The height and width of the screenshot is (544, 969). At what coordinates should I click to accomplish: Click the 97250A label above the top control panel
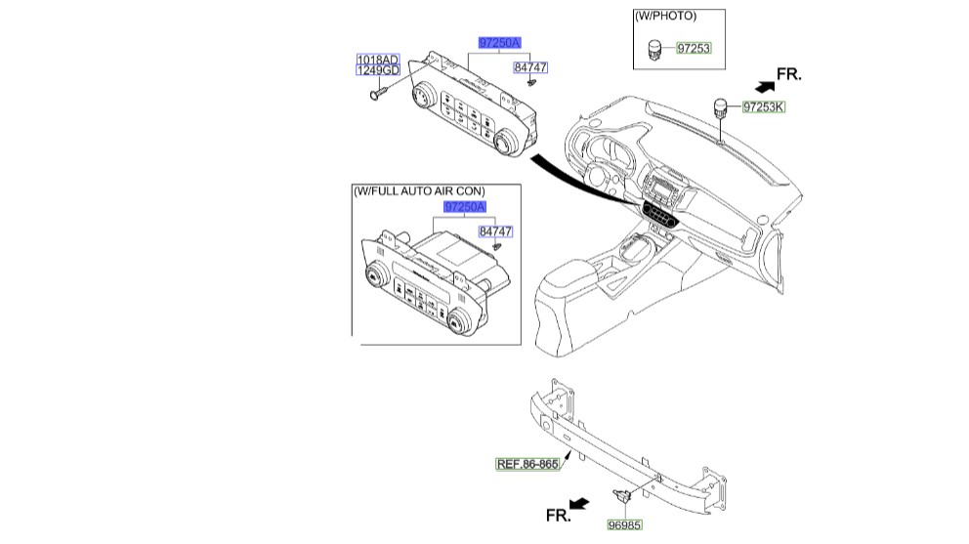(499, 42)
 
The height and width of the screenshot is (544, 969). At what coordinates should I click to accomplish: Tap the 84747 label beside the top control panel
(530, 67)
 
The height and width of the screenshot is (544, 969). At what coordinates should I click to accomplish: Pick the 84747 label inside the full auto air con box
(495, 231)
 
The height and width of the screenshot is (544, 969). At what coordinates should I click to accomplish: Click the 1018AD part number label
(377, 60)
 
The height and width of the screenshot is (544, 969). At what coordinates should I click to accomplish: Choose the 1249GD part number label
(377, 71)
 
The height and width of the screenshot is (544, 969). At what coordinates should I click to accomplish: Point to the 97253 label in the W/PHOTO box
(693, 48)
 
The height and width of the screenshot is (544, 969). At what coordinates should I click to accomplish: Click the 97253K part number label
(762, 106)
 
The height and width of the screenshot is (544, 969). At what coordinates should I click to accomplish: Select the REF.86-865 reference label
(527, 464)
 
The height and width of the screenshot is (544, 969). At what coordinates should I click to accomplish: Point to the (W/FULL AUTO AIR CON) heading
(419, 190)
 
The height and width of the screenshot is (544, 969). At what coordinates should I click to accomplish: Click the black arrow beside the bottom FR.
(579, 504)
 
